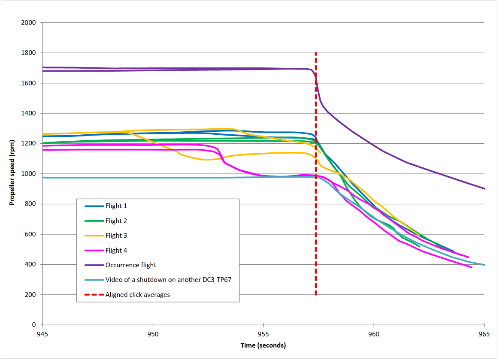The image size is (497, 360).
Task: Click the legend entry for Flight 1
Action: [x=116, y=206]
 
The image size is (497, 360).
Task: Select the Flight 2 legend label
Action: [x=116, y=221]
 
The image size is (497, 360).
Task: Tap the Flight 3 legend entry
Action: [x=116, y=236]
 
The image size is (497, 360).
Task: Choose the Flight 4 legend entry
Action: [x=116, y=251]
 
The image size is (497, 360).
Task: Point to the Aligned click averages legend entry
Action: [x=137, y=295]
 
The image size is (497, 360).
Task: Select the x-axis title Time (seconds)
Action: [x=263, y=345]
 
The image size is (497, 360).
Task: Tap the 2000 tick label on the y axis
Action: [x=29, y=23]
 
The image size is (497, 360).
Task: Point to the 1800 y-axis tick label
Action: [x=29, y=53]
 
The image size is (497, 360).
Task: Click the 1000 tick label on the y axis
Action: [x=29, y=174]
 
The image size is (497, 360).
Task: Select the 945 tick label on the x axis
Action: [x=42, y=334]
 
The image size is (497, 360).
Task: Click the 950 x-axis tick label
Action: [x=153, y=334]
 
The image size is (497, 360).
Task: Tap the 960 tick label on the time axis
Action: [x=374, y=334]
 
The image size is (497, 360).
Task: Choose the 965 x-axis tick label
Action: [x=484, y=334]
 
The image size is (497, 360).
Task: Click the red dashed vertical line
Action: [x=316, y=215]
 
